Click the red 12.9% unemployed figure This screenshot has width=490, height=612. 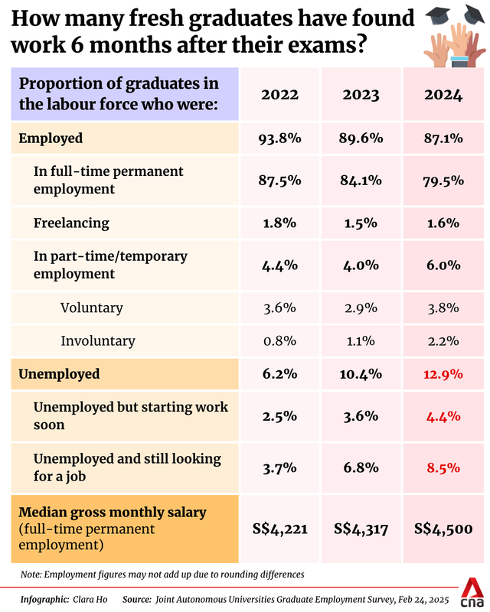click(x=443, y=374)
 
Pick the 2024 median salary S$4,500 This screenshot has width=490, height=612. click(x=443, y=529)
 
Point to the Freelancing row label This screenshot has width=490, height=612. click(x=71, y=223)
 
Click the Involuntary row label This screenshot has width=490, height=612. click(x=98, y=341)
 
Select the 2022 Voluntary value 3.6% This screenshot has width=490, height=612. click(x=280, y=308)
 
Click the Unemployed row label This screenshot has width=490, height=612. click(x=59, y=374)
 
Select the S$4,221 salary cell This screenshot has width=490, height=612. click(x=280, y=529)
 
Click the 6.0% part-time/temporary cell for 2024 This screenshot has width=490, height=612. click(x=443, y=265)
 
